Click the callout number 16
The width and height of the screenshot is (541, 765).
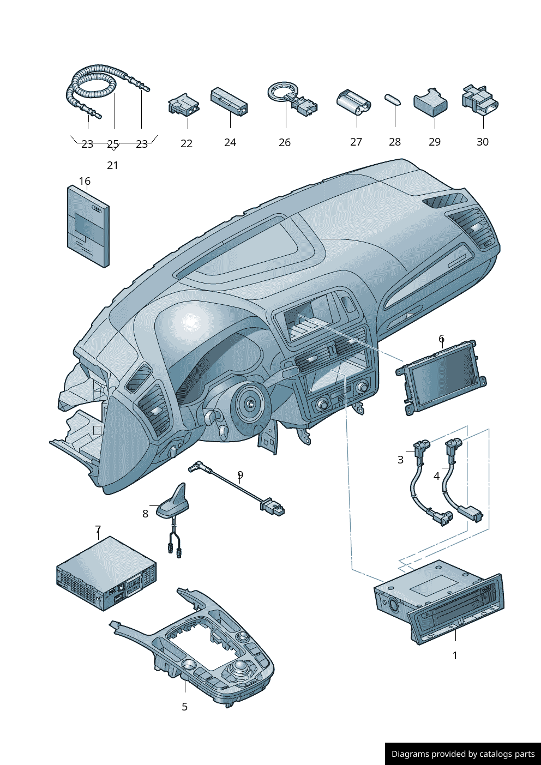tap(85, 181)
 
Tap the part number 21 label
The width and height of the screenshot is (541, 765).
tap(112, 165)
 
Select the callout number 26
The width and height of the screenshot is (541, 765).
tap(285, 142)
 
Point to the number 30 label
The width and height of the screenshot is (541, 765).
tap(483, 142)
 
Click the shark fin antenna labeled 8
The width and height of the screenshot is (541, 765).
tap(174, 502)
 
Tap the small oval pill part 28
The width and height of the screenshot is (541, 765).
tap(393, 99)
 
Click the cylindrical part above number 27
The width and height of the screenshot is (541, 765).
tap(353, 102)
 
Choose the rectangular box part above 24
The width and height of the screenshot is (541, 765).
tap(229, 101)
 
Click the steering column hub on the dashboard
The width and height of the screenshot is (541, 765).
tap(250, 404)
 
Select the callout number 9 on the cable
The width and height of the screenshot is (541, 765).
tap(240, 475)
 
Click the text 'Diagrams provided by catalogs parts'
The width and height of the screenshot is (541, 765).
tap(463, 754)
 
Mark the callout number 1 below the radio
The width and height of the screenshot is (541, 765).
tap(455, 655)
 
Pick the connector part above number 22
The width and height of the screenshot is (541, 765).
tap(183, 104)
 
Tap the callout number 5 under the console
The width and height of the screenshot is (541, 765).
tap(184, 707)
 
